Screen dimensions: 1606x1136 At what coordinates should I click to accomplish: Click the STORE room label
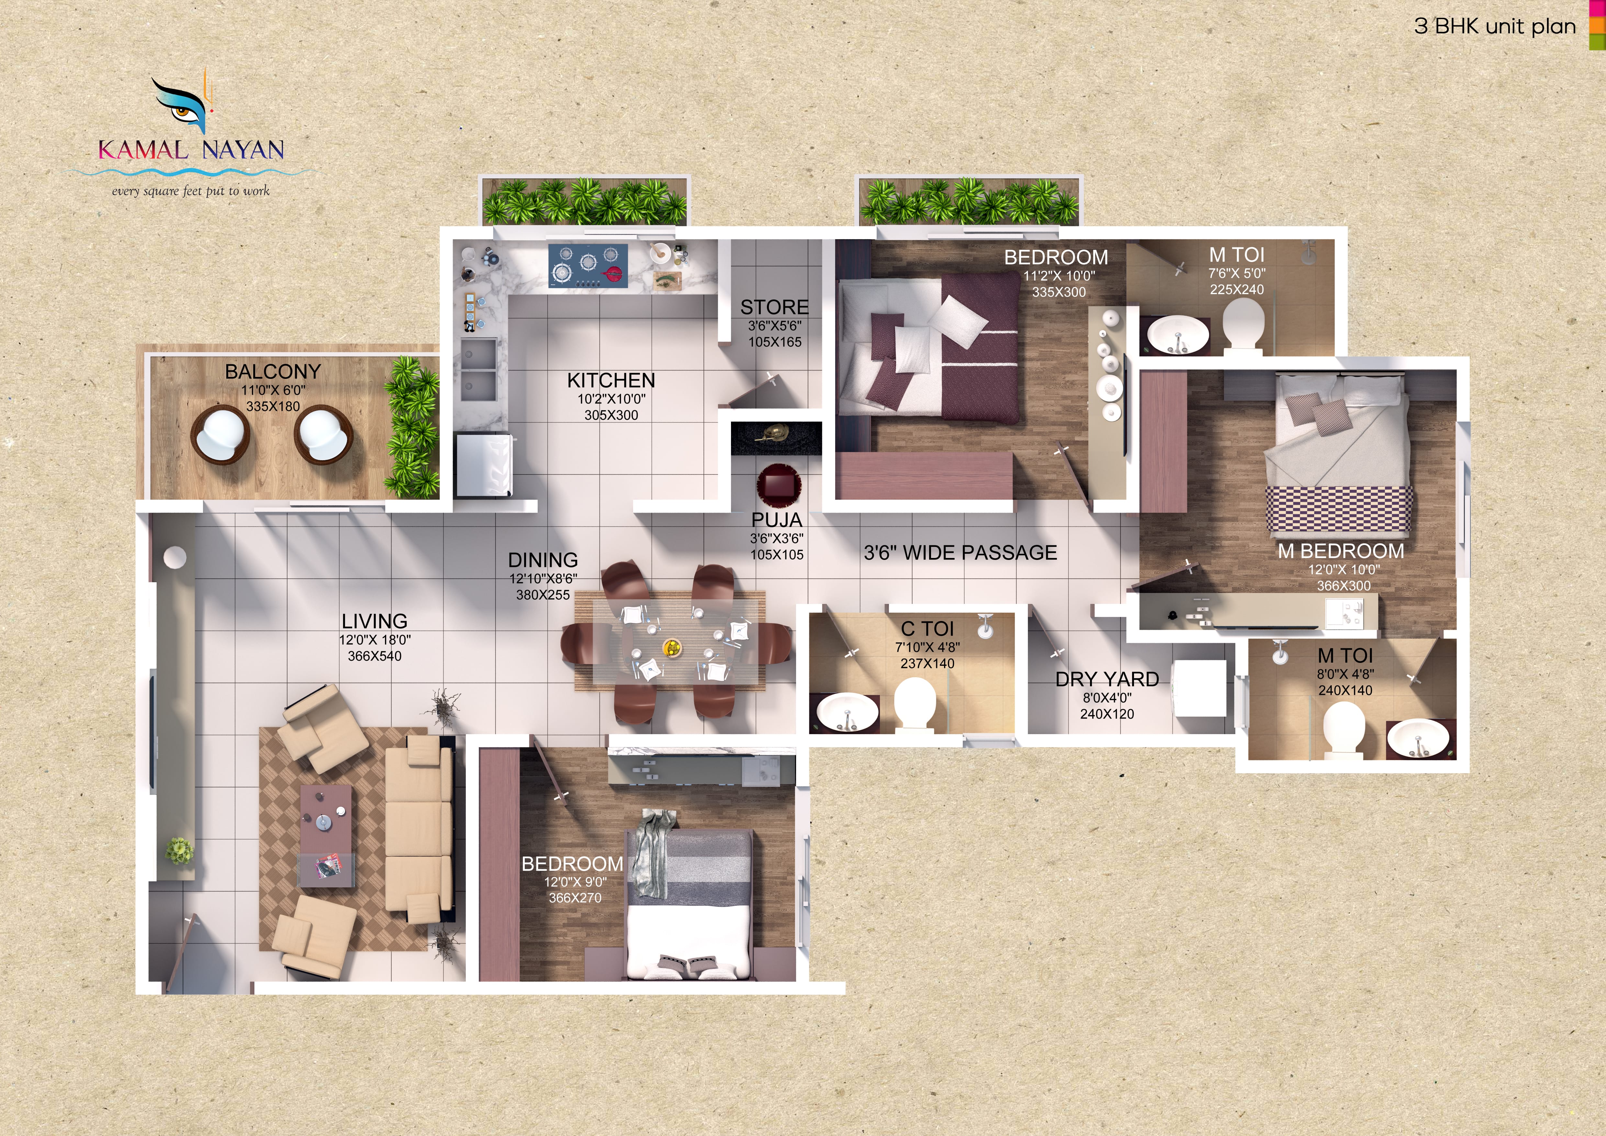coord(774,307)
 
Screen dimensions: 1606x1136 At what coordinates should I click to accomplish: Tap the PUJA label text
coord(776,520)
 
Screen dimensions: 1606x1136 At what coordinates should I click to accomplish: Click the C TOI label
coord(927,629)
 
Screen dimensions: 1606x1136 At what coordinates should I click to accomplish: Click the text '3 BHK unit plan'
coord(1495,27)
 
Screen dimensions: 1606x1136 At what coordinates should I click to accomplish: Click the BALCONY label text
coord(273,371)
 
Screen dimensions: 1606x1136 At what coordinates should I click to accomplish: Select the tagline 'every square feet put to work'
coord(190,191)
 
